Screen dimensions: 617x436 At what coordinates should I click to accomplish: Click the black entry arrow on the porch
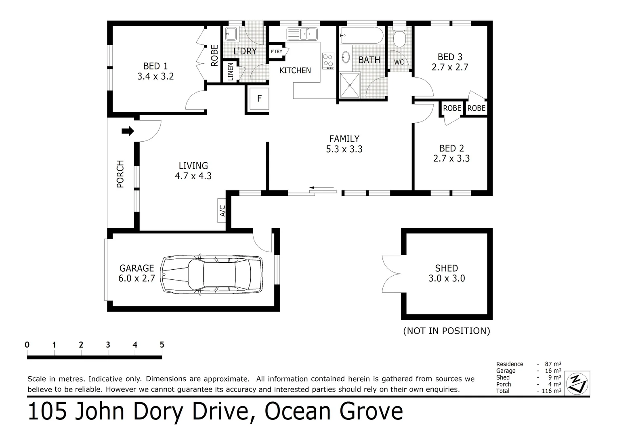click(128, 131)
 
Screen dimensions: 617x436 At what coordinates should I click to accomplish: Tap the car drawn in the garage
click(212, 275)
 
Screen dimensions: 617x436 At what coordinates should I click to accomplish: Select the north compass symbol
click(577, 384)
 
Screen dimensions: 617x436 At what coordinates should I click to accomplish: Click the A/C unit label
click(222, 210)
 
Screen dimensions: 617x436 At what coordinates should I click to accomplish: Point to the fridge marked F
click(259, 99)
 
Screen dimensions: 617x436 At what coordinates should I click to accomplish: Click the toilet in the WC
click(399, 37)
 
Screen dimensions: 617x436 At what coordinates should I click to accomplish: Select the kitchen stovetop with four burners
click(328, 61)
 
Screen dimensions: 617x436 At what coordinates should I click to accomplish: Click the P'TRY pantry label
click(276, 52)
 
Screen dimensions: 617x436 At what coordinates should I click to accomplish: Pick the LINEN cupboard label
click(231, 71)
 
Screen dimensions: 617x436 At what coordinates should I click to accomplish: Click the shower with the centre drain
click(350, 85)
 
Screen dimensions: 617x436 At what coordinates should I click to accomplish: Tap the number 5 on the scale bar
click(162, 344)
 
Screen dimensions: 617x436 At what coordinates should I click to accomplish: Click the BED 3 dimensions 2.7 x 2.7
click(450, 67)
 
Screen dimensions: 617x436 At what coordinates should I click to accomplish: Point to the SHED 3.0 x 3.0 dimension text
click(447, 278)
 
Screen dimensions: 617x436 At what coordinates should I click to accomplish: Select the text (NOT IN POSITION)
click(447, 331)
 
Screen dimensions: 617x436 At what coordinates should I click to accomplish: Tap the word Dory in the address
click(158, 412)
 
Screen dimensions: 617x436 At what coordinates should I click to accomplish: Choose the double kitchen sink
click(302, 34)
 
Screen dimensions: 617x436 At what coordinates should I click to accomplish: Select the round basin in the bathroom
click(346, 58)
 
